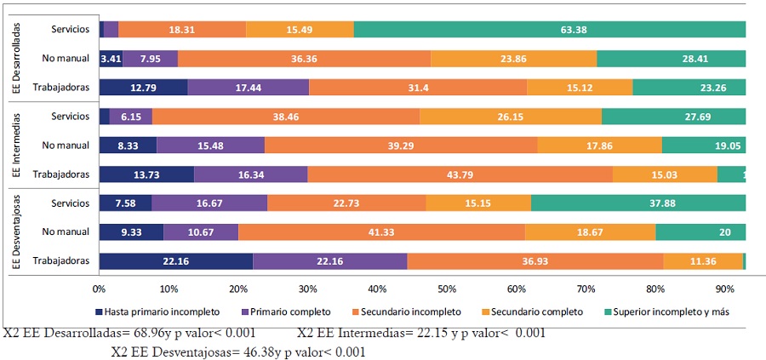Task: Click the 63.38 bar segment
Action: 550,30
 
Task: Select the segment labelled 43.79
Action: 460,174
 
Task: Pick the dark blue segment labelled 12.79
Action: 143,88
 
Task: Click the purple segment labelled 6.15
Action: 130,117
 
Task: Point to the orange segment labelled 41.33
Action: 381,232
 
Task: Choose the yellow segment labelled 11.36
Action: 702,261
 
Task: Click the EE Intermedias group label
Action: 17,146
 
